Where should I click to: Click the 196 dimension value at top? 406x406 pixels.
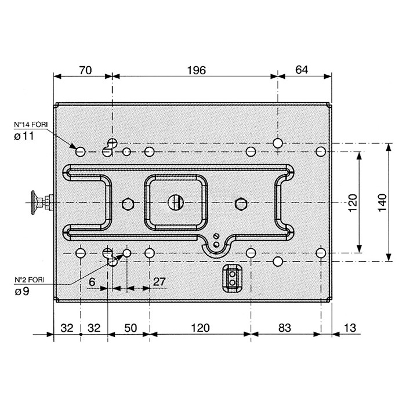pyautogui.click(x=196, y=70)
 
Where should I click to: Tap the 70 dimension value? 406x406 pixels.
pyautogui.click(x=85, y=70)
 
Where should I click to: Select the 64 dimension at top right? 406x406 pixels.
pyautogui.click(x=302, y=70)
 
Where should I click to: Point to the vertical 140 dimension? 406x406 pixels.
pyautogui.click(x=382, y=202)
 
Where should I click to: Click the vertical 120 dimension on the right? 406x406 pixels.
pyautogui.click(x=353, y=203)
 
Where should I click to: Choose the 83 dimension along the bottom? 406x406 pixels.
pyautogui.click(x=285, y=328)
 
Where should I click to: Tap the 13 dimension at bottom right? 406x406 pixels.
pyautogui.click(x=350, y=328)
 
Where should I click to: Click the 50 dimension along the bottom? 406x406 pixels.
pyautogui.click(x=130, y=328)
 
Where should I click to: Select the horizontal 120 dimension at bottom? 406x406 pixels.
pyautogui.click(x=200, y=328)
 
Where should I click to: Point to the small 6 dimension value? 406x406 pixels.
pyautogui.click(x=92, y=282)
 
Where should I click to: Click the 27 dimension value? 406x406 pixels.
pyautogui.click(x=159, y=282)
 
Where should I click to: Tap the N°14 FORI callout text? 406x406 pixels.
pyautogui.click(x=31, y=125)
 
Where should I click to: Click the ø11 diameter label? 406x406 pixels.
pyautogui.click(x=24, y=136)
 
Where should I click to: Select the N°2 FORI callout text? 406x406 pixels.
pyautogui.click(x=30, y=280)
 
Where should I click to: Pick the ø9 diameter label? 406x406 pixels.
pyautogui.click(x=22, y=292)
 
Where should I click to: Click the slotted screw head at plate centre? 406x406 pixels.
pyautogui.click(x=176, y=202)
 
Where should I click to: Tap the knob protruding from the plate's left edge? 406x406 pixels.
pyautogui.click(x=42, y=202)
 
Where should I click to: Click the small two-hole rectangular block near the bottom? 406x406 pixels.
pyautogui.click(x=232, y=278)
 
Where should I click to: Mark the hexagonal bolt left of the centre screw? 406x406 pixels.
pyautogui.click(x=128, y=204)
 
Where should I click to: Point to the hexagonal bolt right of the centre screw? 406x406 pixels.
pyautogui.click(x=241, y=204)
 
